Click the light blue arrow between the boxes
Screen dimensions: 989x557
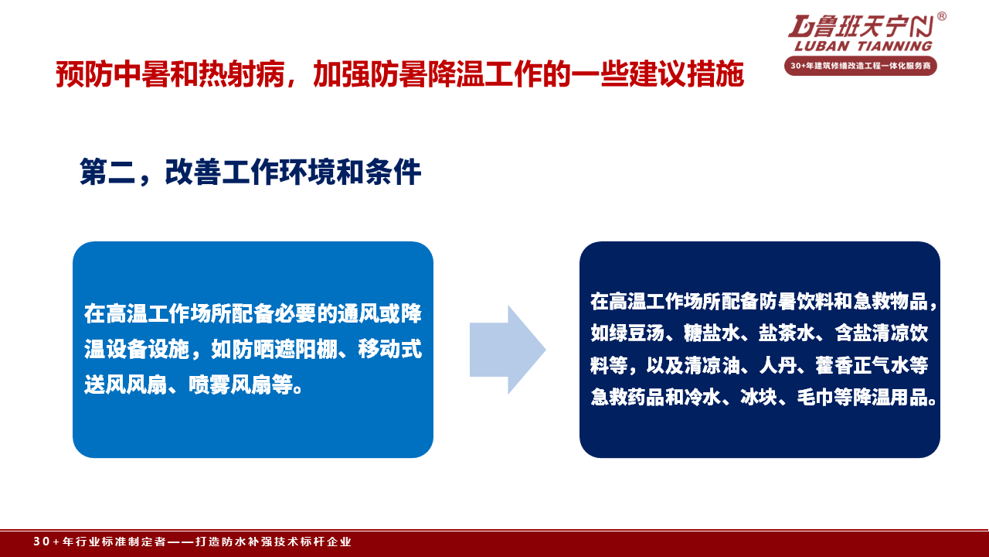tap(508, 350)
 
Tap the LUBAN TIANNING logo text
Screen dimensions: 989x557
tap(863, 46)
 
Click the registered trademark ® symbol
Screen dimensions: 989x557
tap(941, 16)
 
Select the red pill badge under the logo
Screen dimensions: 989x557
tap(861, 66)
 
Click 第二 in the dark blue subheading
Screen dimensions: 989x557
tap(107, 172)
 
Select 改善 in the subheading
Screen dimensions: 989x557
tap(192, 172)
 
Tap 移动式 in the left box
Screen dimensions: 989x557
tap(389, 349)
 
